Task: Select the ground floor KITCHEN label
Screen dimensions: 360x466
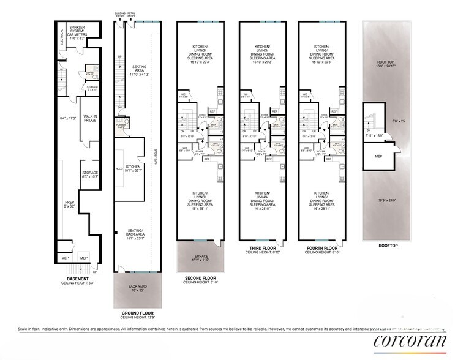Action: click(x=133, y=168)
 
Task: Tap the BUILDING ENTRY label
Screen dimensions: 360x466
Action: click(x=119, y=13)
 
